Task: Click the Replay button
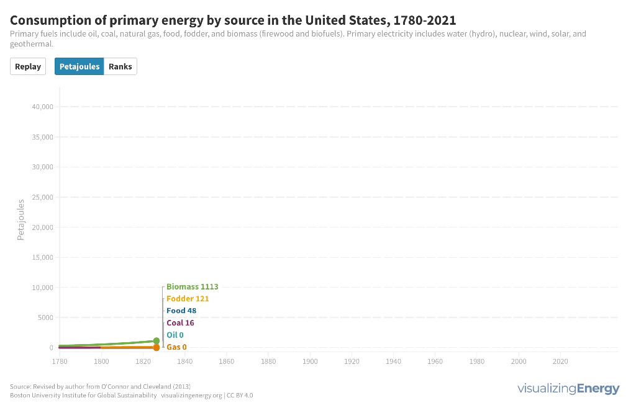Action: (x=28, y=66)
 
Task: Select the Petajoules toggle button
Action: (x=79, y=66)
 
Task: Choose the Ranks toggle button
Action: (x=120, y=66)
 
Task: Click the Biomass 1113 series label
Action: (x=192, y=287)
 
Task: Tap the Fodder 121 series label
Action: (x=188, y=299)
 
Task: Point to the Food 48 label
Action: (x=181, y=311)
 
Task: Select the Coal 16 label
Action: (x=180, y=323)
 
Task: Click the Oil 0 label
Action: (x=175, y=335)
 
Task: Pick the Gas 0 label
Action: (x=176, y=347)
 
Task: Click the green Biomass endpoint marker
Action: (x=157, y=341)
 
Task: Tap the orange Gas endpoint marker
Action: (x=157, y=347)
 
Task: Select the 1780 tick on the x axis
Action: (x=60, y=361)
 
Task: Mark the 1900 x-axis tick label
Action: (x=310, y=361)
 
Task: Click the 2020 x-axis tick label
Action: (x=560, y=361)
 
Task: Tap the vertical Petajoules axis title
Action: (x=20, y=219)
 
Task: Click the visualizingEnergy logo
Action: (x=568, y=389)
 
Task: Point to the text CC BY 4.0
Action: (x=240, y=395)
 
